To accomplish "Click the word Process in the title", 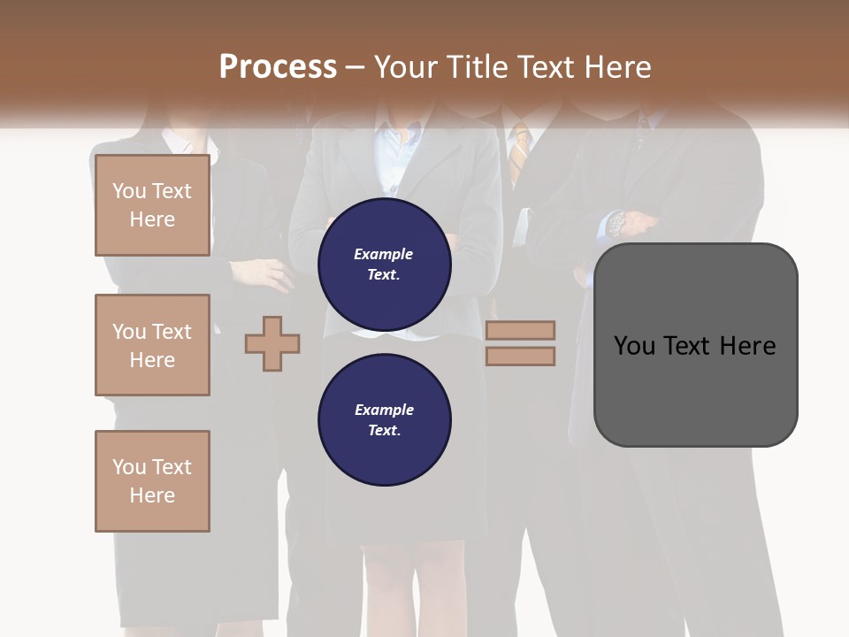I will tap(278, 67).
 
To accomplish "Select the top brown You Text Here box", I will tap(152, 205).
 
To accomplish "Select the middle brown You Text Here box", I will tap(152, 345).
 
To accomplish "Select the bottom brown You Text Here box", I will tap(152, 481).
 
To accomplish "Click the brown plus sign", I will tap(272, 343).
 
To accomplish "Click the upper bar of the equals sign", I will tap(520, 331).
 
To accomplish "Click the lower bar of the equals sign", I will tap(520, 356).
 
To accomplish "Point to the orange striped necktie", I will tap(521, 146).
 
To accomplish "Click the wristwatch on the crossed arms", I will tap(616, 222).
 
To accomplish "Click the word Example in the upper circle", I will tap(383, 254).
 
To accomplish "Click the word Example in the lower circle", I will tap(384, 410).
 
